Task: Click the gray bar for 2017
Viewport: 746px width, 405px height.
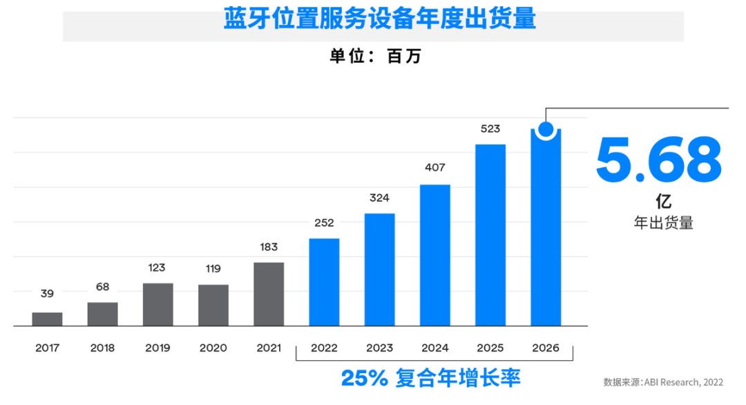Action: coord(47,319)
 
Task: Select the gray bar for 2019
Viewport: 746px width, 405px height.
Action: coord(158,304)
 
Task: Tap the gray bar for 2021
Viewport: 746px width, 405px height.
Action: coord(269,294)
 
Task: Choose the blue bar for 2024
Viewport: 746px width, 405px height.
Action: coord(435,255)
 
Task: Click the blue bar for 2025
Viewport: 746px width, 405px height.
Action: coord(490,235)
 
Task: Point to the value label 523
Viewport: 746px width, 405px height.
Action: coord(490,129)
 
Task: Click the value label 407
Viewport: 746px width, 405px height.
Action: coord(435,167)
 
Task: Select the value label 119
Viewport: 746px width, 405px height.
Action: coord(213,270)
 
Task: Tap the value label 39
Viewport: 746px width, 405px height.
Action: coord(47,294)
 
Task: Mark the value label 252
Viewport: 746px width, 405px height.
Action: coord(324,223)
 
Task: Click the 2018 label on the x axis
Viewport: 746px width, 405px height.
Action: coord(102,348)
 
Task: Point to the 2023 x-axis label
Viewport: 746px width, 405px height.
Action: coord(379,348)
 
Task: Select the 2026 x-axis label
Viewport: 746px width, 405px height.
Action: coord(546,348)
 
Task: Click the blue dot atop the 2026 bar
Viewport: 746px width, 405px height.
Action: coord(546,129)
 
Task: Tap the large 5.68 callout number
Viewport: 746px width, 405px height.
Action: coord(658,161)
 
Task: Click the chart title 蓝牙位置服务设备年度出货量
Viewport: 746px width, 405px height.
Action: coord(379,19)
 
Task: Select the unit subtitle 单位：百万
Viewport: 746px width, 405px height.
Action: coord(375,56)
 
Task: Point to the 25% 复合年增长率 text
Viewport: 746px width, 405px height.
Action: coord(430,378)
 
